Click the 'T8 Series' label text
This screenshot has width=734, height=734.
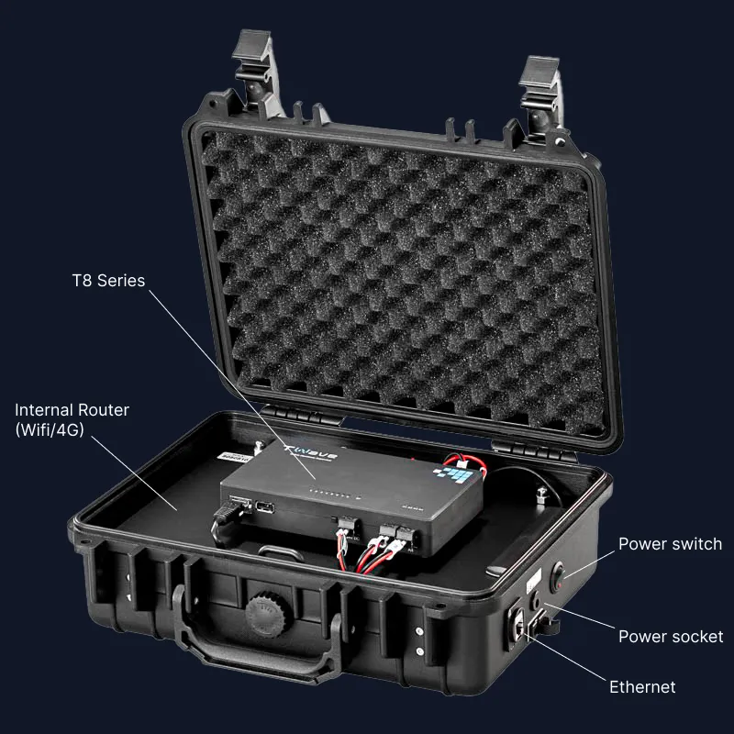(108, 280)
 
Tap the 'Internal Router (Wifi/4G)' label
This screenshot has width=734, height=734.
(72, 419)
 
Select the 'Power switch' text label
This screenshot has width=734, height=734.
(670, 544)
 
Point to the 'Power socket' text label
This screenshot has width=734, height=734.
(671, 636)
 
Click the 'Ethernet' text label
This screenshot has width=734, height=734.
(642, 687)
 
